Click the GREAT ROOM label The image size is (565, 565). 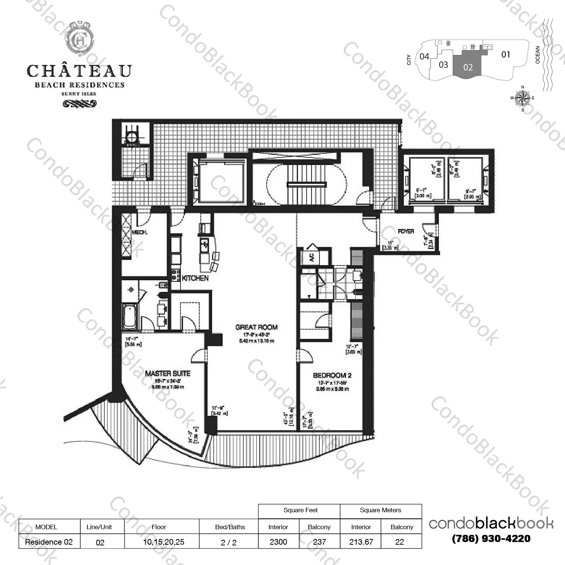point(256,327)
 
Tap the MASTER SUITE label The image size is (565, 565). point(168,374)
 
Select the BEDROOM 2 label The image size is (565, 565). point(332,376)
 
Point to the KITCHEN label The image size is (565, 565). point(195,278)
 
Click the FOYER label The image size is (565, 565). point(406,231)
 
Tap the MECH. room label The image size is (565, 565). point(139,232)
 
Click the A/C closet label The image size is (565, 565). point(312,258)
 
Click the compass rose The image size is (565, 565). point(522,98)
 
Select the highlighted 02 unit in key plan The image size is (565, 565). point(468,67)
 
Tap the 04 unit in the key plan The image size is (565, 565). point(425,56)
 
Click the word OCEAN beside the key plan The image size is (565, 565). point(538,55)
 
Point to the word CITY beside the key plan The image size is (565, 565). point(409,60)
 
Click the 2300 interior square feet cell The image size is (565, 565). point(278,542)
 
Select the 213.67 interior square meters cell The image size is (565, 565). point(361,542)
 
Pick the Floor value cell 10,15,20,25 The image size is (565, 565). point(163,542)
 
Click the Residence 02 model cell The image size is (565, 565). point(49,542)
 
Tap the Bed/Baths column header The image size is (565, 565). point(230,527)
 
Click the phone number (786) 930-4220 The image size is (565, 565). point(491,539)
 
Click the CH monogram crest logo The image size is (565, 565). point(79,41)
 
